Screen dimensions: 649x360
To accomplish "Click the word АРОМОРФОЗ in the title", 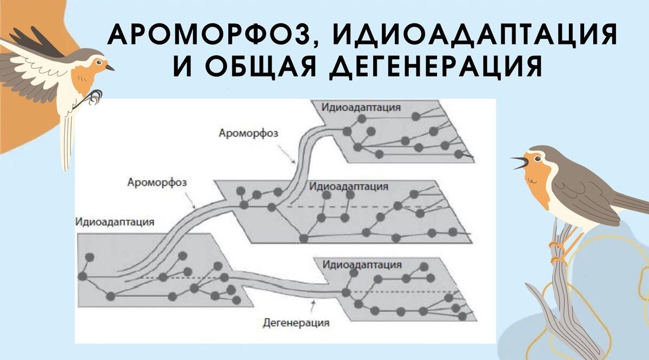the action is tap(210, 36).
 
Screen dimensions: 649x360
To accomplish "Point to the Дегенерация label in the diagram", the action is tap(296, 324).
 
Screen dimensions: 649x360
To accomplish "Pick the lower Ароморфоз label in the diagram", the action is tap(157, 183).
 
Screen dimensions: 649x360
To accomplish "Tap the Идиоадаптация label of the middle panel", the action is tap(349, 186).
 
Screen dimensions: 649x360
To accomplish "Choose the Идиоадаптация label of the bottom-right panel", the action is tap(362, 265).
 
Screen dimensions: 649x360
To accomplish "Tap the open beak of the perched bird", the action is tap(519, 162).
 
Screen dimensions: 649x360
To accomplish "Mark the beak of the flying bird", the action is tap(110, 68).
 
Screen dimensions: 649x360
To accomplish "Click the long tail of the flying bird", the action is tap(67, 141).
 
